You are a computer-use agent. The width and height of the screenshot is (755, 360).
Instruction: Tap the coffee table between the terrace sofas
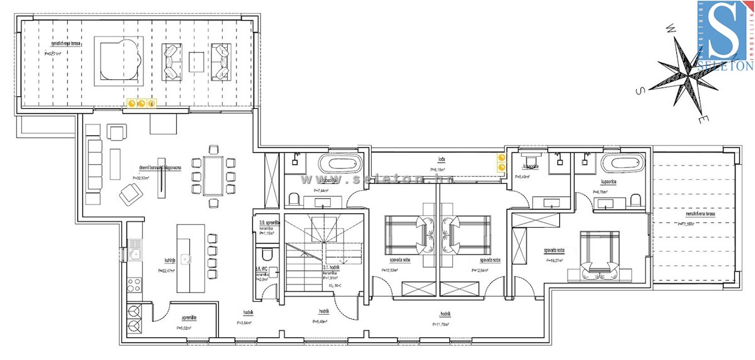click(196, 61)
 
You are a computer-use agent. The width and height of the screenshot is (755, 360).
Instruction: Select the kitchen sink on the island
click(186, 258)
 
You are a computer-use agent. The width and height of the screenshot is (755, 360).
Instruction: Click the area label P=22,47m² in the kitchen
click(168, 271)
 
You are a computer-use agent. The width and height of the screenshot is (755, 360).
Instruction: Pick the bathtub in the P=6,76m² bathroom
click(622, 165)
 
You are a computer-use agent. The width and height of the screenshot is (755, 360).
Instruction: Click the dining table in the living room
click(214, 176)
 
